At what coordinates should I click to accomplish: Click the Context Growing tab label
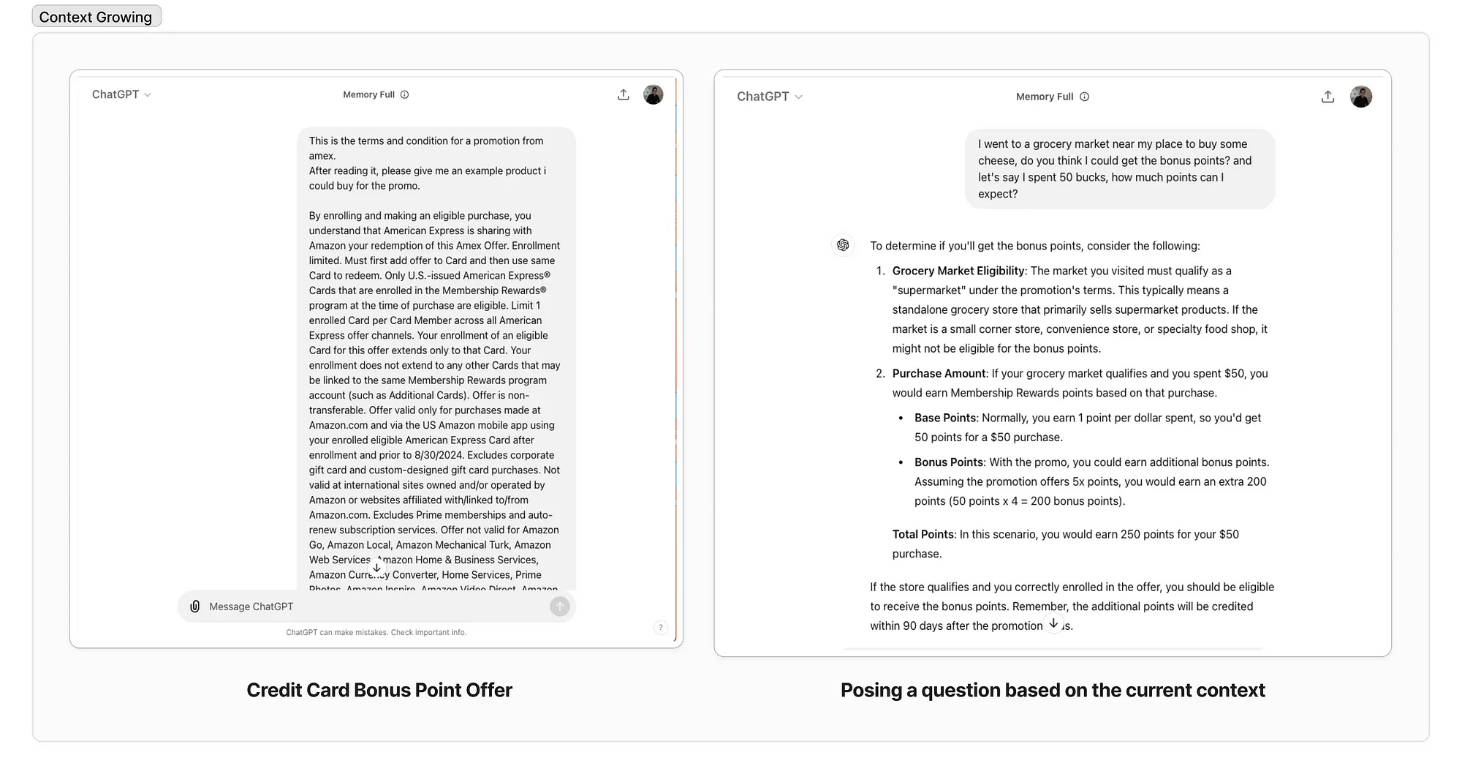[96, 17]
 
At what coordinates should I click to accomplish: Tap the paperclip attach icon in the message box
[195, 606]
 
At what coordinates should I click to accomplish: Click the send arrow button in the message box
[559, 606]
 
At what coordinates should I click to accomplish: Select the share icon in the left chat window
[624, 94]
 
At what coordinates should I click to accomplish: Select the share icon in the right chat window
[1327, 97]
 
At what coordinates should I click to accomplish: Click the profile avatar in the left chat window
[653, 94]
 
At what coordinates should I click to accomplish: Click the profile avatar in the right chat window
[1360, 97]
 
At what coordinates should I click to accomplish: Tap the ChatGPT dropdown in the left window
[121, 94]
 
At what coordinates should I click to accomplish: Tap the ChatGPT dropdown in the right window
[769, 97]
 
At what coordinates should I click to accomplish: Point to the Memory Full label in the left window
[368, 94]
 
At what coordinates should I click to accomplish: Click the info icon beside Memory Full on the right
[1085, 97]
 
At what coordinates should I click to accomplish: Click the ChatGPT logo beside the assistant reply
[843, 245]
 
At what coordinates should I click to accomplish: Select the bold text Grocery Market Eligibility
[958, 271]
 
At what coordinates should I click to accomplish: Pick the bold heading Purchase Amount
[939, 373]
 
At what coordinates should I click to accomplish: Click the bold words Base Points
[944, 418]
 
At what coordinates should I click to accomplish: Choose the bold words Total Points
[923, 534]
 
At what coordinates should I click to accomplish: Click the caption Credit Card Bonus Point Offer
[379, 690]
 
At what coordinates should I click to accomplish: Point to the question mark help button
[660, 628]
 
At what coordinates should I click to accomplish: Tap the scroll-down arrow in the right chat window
[1053, 623]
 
